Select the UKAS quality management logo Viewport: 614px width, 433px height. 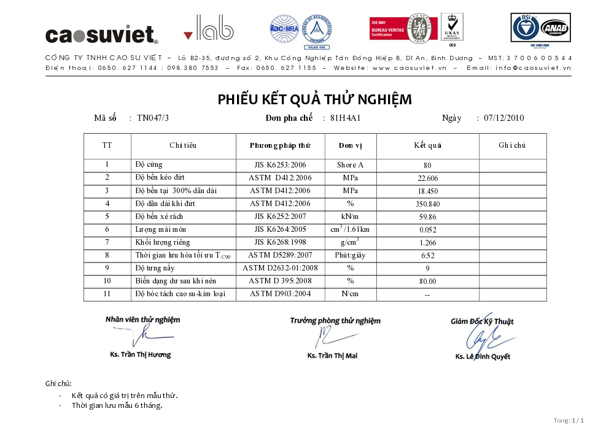click(452, 27)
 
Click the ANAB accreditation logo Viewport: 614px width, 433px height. click(554, 28)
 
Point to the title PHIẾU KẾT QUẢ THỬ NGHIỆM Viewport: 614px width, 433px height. click(314, 99)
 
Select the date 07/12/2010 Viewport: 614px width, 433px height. click(504, 118)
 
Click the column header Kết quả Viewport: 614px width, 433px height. click(427, 146)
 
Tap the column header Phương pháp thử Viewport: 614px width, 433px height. click(280, 146)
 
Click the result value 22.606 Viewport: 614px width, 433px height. click(427, 178)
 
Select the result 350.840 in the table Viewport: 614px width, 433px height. click(427, 204)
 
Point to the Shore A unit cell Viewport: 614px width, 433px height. click(350, 165)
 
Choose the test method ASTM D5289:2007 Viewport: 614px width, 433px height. click(280, 255)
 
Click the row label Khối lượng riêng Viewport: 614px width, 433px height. click(163, 242)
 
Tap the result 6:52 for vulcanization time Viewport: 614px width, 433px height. click(427, 256)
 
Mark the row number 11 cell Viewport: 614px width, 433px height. click(107, 294)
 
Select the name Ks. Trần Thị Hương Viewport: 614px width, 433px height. click(141, 354)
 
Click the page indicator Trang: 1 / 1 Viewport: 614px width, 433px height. click(569, 421)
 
